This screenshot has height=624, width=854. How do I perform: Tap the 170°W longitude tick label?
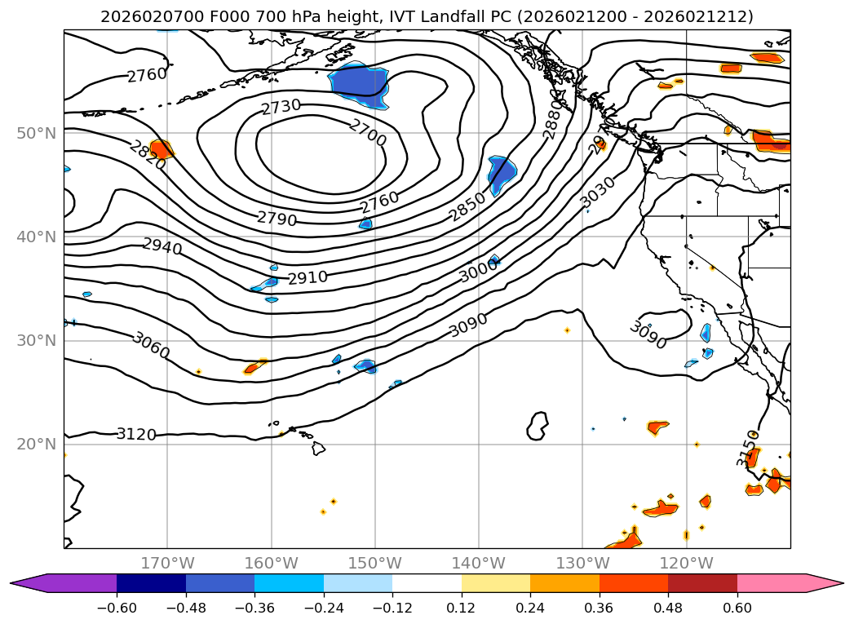coord(167,563)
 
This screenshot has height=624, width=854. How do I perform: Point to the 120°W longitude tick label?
coord(687,563)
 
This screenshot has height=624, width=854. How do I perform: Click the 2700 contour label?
coord(367,132)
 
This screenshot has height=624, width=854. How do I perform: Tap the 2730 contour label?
coord(281,107)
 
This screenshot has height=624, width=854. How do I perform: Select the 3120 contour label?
coord(136,435)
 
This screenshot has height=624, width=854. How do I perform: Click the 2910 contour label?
coord(308,278)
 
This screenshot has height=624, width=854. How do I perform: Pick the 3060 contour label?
coord(151,346)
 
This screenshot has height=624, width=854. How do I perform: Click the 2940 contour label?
coord(162,246)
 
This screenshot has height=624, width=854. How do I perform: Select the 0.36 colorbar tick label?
coord(600,609)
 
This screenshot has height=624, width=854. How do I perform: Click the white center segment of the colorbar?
coord(427,583)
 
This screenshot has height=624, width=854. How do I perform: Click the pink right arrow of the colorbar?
coord(825,583)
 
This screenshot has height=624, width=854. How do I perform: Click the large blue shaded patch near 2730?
coord(358,85)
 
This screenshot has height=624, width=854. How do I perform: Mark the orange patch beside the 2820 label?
coord(162,148)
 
